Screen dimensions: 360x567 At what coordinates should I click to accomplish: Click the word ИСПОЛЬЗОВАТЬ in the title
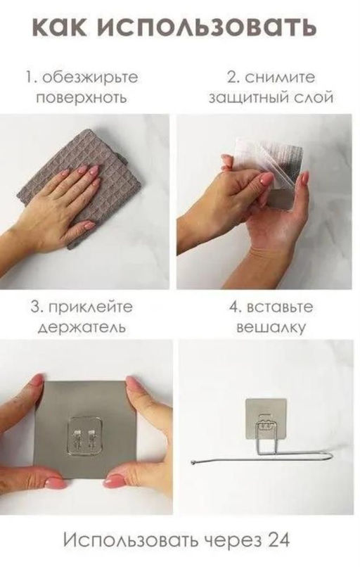click(207, 27)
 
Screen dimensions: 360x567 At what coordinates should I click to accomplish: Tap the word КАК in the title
click(60, 27)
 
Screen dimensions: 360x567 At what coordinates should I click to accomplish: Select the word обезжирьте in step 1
click(91, 78)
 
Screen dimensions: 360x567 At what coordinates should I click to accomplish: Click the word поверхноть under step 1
click(82, 98)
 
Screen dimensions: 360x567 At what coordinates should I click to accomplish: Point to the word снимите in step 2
click(279, 77)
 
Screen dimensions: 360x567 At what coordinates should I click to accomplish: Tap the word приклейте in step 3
click(91, 307)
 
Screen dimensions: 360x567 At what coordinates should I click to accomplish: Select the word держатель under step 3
click(82, 328)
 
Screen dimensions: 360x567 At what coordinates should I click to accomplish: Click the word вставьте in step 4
click(279, 307)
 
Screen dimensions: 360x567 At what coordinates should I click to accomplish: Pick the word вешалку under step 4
click(271, 328)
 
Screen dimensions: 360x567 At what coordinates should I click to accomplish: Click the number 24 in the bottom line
click(278, 540)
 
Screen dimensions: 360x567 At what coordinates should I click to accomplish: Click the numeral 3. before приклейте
click(37, 307)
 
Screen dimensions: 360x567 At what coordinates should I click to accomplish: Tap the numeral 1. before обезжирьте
click(32, 78)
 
